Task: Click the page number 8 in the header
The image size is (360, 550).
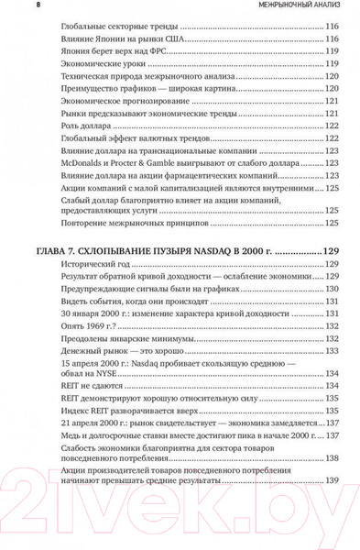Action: point(11,7)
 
